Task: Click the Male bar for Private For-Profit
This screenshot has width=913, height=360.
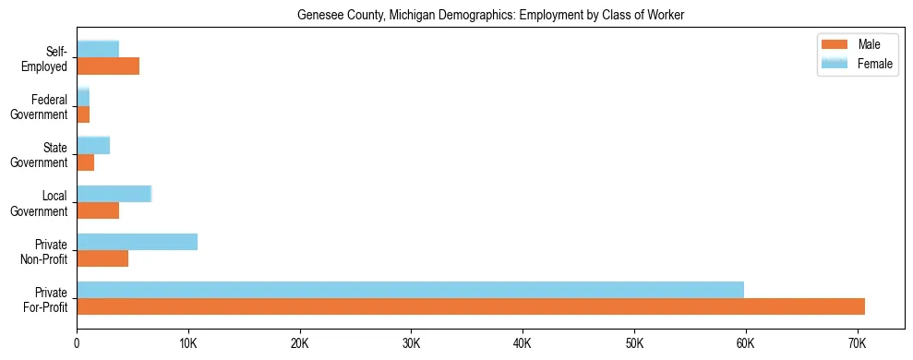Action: [x=471, y=306]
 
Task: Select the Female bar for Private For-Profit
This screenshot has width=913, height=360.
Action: [x=410, y=290]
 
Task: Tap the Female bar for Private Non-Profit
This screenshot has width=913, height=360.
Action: [x=137, y=242]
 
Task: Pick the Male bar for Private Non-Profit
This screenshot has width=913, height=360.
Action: [x=102, y=258]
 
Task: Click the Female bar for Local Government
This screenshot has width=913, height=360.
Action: [x=114, y=194]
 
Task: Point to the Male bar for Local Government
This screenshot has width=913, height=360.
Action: [x=98, y=210]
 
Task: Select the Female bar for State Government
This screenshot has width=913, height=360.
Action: [x=93, y=145]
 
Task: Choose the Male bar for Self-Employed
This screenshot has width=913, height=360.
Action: [x=108, y=66]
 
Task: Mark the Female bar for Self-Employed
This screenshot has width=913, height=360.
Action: [x=98, y=49]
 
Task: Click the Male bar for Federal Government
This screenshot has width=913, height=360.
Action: [x=83, y=114]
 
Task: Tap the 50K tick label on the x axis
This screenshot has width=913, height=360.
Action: [x=633, y=343]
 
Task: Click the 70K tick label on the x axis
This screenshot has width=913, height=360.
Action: [x=857, y=343]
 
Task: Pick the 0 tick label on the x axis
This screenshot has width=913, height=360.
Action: [x=77, y=343]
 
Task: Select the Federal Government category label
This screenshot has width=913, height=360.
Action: [x=40, y=106]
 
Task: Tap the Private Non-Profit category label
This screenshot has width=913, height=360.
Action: [x=45, y=251]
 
